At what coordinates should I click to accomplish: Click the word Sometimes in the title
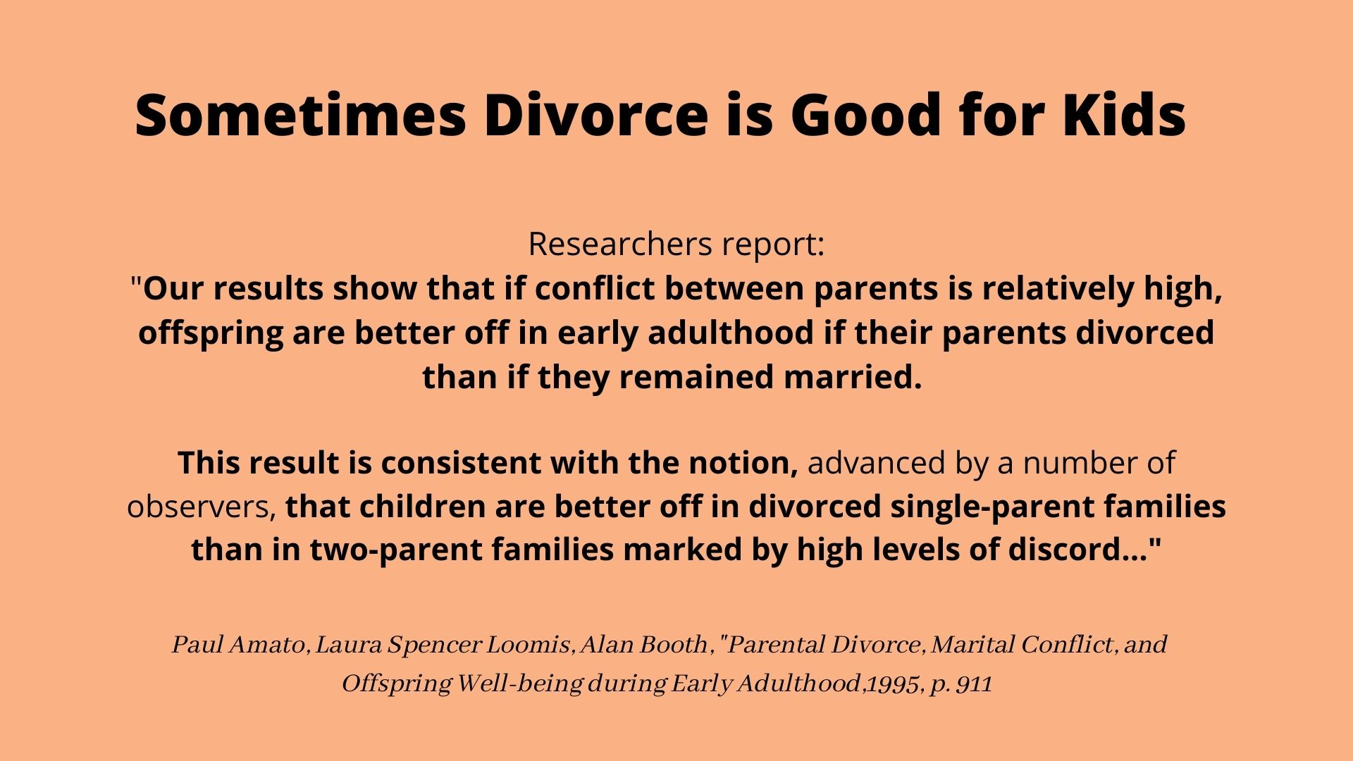pos(300,114)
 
